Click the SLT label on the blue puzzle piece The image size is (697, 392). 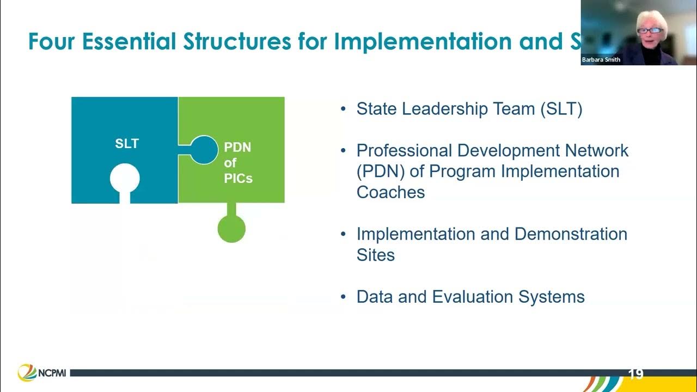click(x=127, y=144)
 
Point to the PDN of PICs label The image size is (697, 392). click(x=238, y=162)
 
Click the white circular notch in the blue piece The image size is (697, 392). click(x=125, y=179)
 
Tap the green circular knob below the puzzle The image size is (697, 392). click(x=231, y=229)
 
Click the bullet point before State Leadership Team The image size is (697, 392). click(x=343, y=109)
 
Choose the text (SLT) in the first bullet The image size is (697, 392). click(x=561, y=109)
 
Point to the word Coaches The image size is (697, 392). click(x=390, y=192)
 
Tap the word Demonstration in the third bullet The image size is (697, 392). click(x=571, y=234)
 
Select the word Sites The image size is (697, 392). click(x=375, y=255)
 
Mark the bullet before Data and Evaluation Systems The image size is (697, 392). click(x=343, y=297)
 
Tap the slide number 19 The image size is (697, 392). click(x=635, y=374)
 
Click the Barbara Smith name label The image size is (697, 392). click(x=601, y=60)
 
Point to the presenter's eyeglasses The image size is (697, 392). click(x=651, y=30)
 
